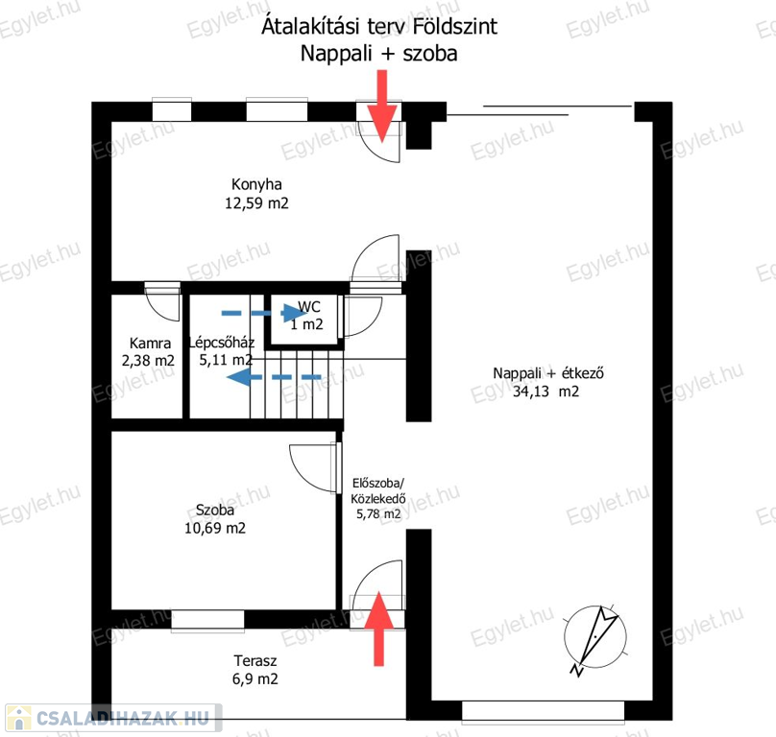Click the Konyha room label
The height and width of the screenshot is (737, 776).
[256, 184]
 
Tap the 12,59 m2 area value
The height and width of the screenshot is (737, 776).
[256, 202]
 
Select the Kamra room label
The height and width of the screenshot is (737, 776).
[150, 343]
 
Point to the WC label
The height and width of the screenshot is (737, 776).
[309, 307]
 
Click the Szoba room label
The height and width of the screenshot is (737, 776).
[215, 510]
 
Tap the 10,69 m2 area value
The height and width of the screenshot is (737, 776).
[215, 528]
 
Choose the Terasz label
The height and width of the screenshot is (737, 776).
[255, 660]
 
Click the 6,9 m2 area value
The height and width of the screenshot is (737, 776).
[255, 678]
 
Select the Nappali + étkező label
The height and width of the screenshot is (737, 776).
[547, 373]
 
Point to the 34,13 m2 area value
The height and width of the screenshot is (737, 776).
[546, 392]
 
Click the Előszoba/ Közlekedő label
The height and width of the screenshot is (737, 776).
[378, 490]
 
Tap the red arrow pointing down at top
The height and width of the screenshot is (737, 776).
[381, 106]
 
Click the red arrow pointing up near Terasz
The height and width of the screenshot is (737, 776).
[378, 629]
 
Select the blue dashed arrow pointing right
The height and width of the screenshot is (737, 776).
[264, 313]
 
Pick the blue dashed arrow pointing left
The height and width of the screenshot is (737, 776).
[274, 377]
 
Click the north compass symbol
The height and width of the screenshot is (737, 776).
[595, 637]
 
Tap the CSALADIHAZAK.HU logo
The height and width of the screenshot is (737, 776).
[112, 718]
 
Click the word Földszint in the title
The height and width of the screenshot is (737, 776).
[455, 26]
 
